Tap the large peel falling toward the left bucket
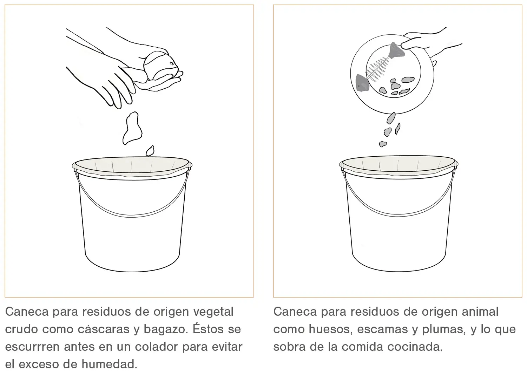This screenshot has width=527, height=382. (x=132, y=128)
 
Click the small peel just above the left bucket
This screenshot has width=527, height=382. (x=150, y=151)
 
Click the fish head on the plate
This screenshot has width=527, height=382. (x=362, y=83)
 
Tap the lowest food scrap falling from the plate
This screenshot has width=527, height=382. (x=383, y=144)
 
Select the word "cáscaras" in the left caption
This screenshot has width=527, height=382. (x=104, y=329)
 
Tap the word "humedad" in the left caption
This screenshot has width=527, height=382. (x=109, y=364)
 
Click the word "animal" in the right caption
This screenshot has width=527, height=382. (x=480, y=312)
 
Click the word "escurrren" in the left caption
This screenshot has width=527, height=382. (x=32, y=347)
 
